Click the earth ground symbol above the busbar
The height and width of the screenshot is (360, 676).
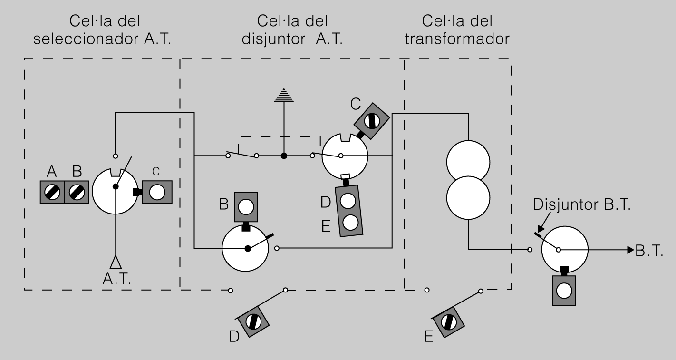[x=284, y=96]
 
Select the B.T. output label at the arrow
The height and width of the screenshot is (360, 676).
[x=649, y=251]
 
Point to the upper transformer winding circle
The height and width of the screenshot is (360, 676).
[x=468, y=161]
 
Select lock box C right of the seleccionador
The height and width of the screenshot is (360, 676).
[x=156, y=192]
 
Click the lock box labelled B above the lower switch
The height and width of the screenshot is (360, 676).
[x=246, y=207]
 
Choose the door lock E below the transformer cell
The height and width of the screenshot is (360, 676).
[x=448, y=322]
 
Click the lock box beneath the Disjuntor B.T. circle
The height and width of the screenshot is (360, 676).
[x=564, y=290]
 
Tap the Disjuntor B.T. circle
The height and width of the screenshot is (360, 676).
[x=564, y=249]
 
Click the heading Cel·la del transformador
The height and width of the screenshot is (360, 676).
[x=457, y=29]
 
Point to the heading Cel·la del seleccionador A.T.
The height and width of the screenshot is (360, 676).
[x=103, y=29]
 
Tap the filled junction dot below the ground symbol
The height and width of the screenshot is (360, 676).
[x=284, y=156]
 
